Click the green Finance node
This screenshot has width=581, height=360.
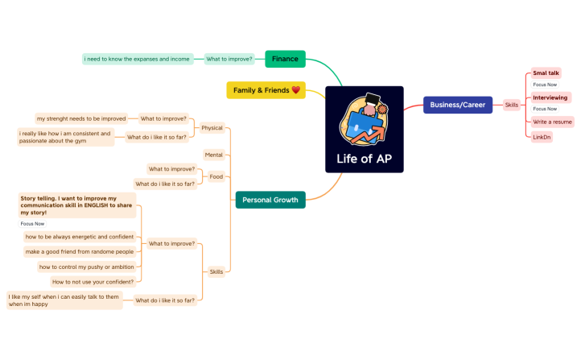[x=285, y=59]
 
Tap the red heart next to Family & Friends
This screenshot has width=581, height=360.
[x=295, y=89]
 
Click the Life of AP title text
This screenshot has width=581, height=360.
[x=365, y=158]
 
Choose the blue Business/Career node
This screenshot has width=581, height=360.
[x=457, y=105]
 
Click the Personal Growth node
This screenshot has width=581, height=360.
[x=270, y=200]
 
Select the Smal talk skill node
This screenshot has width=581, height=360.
[x=546, y=73]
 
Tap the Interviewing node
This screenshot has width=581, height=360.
[x=550, y=97]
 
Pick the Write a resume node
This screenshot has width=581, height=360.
[x=551, y=122]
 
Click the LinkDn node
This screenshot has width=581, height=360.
[x=542, y=137]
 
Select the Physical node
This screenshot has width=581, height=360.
[x=212, y=127]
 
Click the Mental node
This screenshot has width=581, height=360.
[x=213, y=154]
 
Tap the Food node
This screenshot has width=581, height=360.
[x=216, y=176]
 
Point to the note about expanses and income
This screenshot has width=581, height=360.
[x=137, y=59]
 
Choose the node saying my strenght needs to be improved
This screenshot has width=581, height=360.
[x=81, y=118]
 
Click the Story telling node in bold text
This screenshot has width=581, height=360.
[x=77, y=205]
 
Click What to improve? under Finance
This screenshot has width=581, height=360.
[x=229, y=59]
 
